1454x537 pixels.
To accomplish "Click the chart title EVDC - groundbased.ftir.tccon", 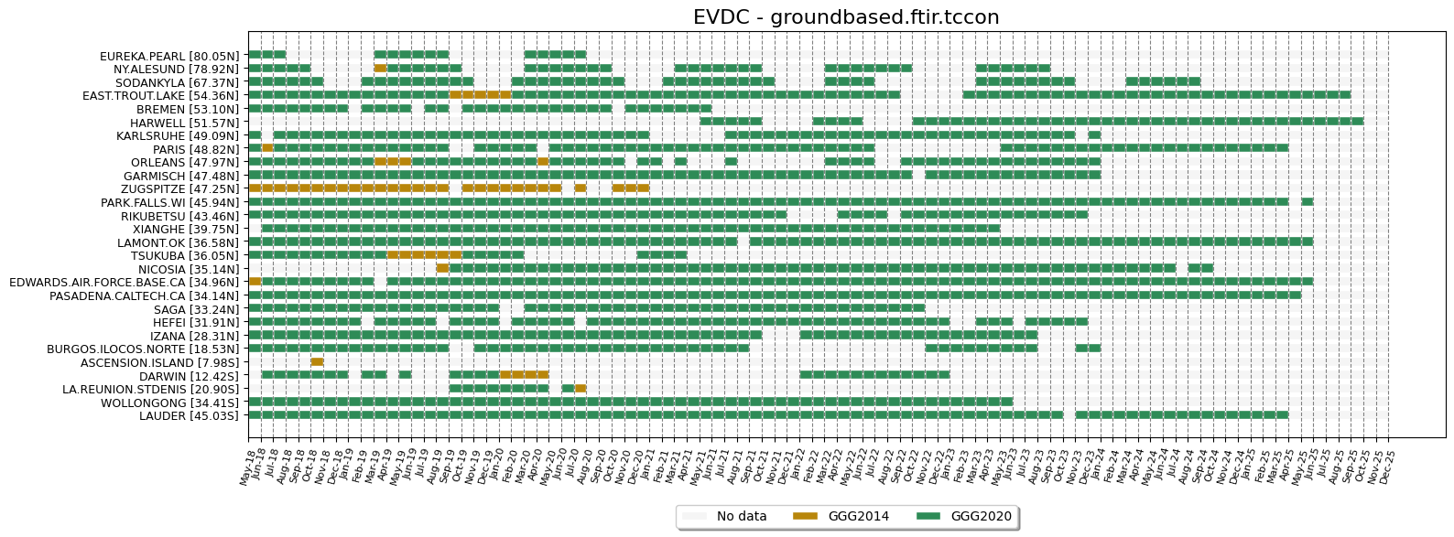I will pyautogui.click(x=846, y=17).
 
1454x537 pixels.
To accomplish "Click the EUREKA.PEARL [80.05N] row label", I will pyautogui.click(x=168, y=56).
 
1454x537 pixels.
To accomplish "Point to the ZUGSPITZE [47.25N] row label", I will pyautogui.click(x=179, y=189).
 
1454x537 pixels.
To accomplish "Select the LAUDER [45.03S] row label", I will pyautogui.click(x=188, y=416).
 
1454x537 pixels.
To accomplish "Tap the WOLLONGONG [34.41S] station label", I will pyautogui.click(x=168, y=403).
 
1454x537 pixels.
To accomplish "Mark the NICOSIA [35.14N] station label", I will pyautogui.click(x=188, y=270).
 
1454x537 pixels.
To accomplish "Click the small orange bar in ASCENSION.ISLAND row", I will pyautogui.click(x=317, y=361).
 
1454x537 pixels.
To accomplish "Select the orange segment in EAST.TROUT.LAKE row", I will pyautogui.click(x=480, y=94).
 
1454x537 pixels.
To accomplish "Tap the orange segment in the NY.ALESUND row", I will pyautogui.click(x=380, y=68).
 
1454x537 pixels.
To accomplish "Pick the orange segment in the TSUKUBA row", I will pyautogui.click(x=424, y=254).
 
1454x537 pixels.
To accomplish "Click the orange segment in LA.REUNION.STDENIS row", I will pyautogui.click(x=581, y=388).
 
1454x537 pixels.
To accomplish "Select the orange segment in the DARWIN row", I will pyautogui.click(x=524, y=374).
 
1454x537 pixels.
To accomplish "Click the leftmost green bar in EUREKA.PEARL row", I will pyautogui.click(x=266, y=54).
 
